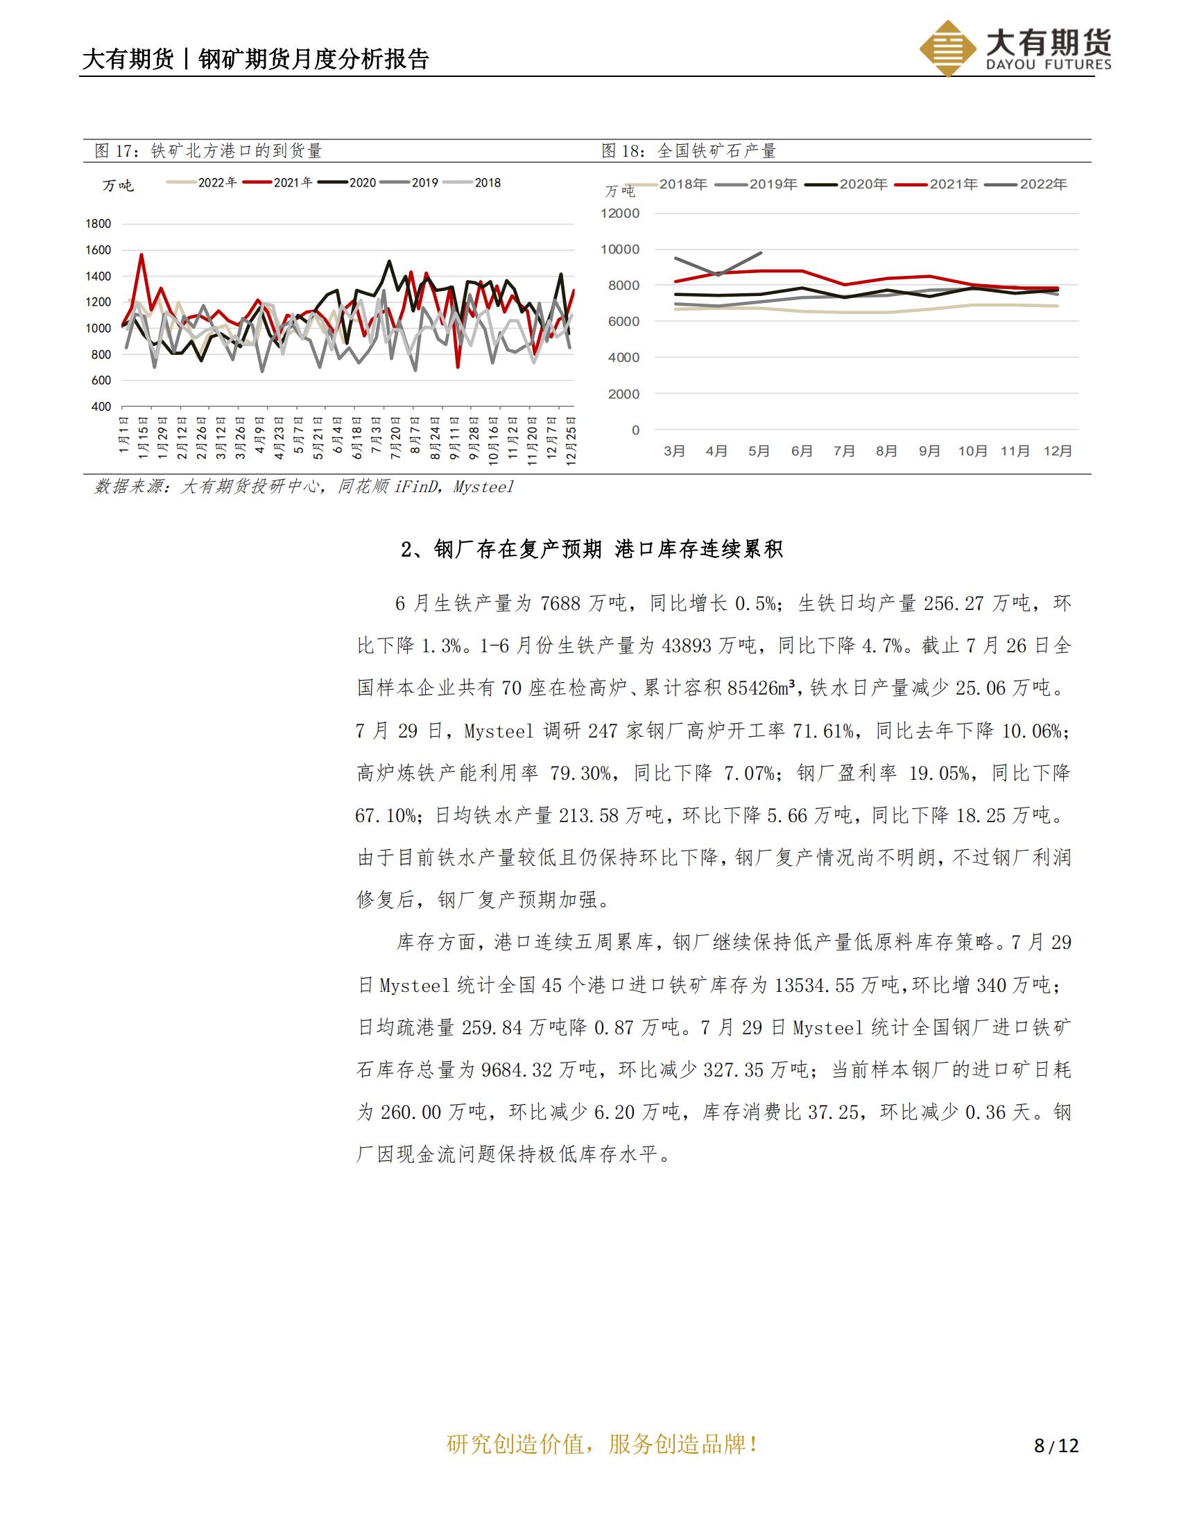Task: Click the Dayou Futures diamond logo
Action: [947, 47]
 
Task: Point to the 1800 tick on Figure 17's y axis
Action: [98, 224]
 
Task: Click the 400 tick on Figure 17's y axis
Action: [101, 407]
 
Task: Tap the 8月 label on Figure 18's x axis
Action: [886, 451]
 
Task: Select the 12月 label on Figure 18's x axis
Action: [1058, 451]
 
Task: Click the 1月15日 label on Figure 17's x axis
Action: [143, 437]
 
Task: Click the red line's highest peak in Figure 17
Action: [141, 255]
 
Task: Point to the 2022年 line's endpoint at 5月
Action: [761, 253]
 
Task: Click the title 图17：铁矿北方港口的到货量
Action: [208, 151]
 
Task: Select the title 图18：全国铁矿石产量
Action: [689, 151]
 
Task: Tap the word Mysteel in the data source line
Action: [483, 487]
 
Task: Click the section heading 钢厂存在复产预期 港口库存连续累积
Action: [592, 550]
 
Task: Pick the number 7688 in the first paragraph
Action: [560, 603]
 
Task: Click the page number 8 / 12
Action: [1056, 1445]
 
